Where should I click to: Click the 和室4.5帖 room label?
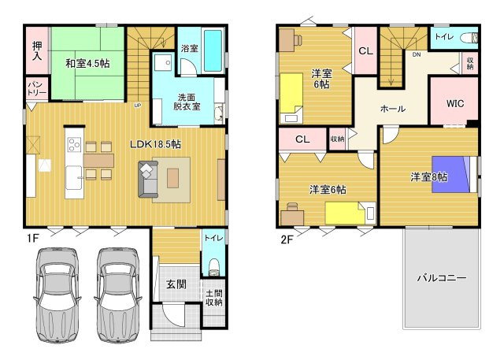(87, 63)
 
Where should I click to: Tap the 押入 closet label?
(37, 50)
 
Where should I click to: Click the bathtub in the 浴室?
(213, 50)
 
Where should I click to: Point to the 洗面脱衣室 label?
(187, 102)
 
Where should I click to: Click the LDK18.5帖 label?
(155, 144)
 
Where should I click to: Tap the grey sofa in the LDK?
(148, 179)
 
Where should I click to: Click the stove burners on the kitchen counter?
(74, 144)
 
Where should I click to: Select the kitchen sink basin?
(74, 178)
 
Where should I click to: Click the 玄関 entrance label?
(176, 284)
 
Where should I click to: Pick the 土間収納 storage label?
(213, 298)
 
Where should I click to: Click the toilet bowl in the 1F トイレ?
(213, 267)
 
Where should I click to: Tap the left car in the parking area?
(57, 295)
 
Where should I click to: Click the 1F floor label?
(32, 238)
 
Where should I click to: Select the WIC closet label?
(455, 103)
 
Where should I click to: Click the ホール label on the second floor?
(393, 109)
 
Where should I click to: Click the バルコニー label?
(442, 277)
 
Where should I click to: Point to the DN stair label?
(417, 54)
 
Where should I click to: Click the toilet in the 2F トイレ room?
(469, 39)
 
